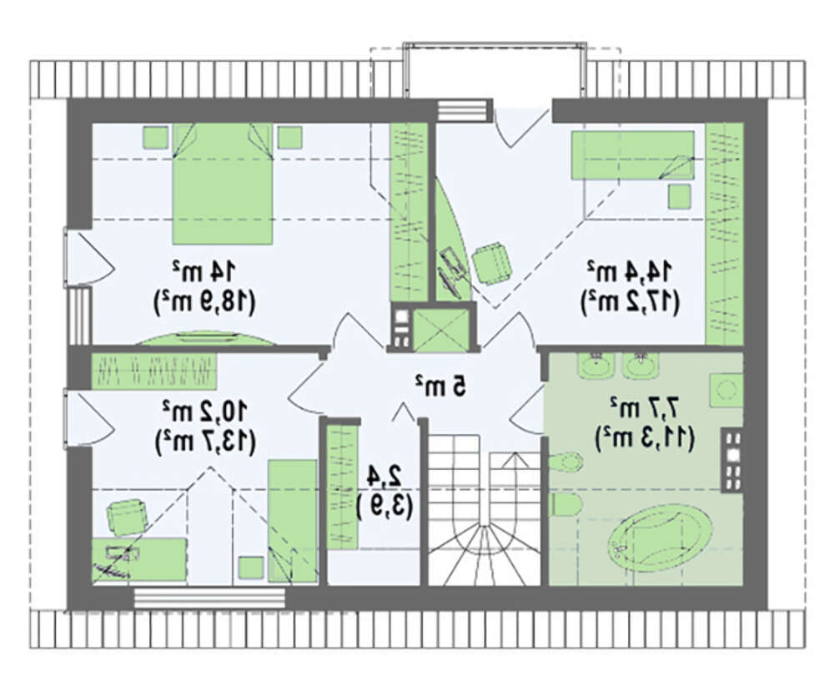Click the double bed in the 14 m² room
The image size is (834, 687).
[223, 184]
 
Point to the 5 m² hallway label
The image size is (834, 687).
[441, 386]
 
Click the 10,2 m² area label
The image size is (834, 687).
[205, 411]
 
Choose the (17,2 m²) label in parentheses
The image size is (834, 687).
[631, 302]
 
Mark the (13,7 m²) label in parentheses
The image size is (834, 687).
[205, 442]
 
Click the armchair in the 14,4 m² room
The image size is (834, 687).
[493, 261]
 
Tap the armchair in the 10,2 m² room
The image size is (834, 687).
[128, 516]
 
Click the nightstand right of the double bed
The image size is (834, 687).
[290, 138]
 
